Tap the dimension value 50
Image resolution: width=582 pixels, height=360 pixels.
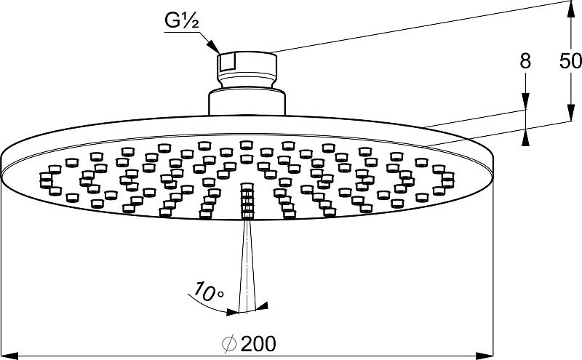tap(570, 62)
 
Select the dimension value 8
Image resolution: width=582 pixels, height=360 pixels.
tap(525, 62)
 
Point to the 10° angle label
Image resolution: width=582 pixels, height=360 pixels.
tap(209, 294)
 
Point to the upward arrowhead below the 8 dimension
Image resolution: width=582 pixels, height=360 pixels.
tap(525, 137)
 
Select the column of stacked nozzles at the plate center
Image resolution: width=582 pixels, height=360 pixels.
tap(246, 199)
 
